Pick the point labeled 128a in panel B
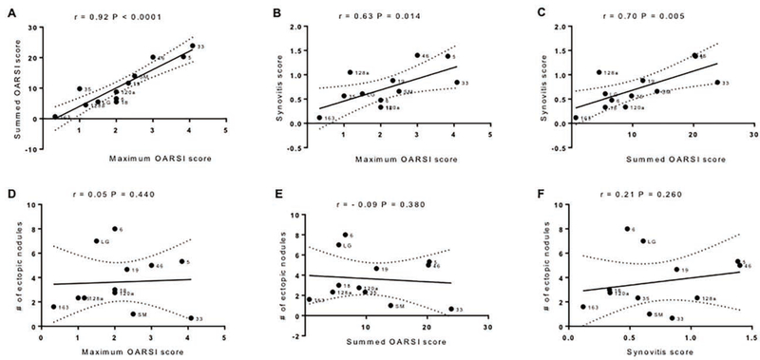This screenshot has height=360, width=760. (350, 72)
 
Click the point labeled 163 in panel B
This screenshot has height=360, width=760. (319, 118)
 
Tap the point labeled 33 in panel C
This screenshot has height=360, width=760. (714, 83)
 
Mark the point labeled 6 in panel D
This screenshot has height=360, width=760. (115, 229)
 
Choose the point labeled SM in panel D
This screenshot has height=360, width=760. (133, 313)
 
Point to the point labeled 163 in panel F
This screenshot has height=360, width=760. (582, 306)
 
